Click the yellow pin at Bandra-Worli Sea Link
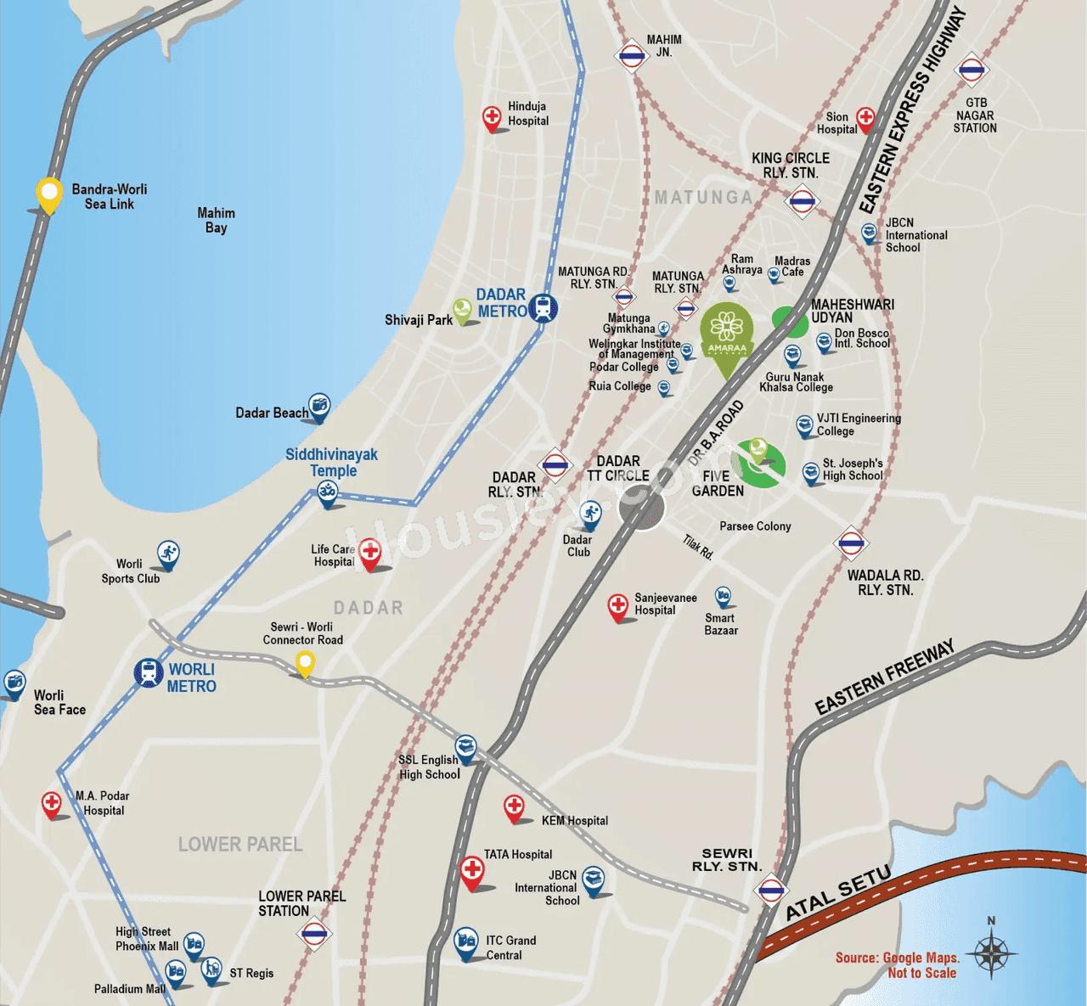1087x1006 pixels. pyautogui.click(x=49, y=194)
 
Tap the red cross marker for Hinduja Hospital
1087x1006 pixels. pyautogui.click(x=492, y=117)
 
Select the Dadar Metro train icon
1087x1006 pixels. pyautogui.click(x=543, y=308)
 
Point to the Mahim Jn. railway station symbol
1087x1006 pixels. pyautogui.click(x=631, y=57)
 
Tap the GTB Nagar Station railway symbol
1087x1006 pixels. pyautogui.click(x=972, y=70)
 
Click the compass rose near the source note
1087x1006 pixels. pyautogui.click(x=990, y=953)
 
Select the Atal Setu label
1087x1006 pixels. pyautogui.click(x=838, y=892)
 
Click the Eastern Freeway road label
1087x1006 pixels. pyautogui.click(x=884, y=677)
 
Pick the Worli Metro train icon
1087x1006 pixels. pyautogui.click(x=149, y=673)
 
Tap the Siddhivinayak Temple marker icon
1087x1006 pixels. pyautogui.click(x=327, y=492)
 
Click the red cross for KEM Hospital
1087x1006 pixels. pyautogui.click(x=514, y=806)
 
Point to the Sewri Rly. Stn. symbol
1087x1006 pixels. pyautogui.click(x=771, y=891)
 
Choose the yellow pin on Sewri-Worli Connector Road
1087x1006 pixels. pyautogui.click(x=304, y=662)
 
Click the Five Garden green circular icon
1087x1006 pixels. pyautogui.click(x=758, y=464)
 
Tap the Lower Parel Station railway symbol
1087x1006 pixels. pyautogui.click(x=314, y=934)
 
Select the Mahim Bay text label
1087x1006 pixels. pyautogui.click(x=216, y=220)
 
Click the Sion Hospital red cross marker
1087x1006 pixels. pyautogui.click(x=865, y=119)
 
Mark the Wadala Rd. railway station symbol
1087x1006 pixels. pyautogui.click(x=851, y=543)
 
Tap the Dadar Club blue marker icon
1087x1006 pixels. pyautogui.click(x=590, y=513)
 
